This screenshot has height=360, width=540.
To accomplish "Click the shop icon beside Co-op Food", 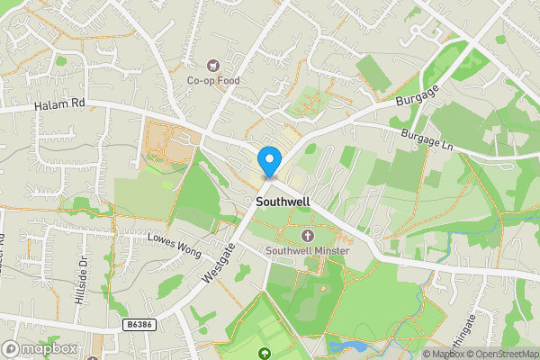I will [212, 64].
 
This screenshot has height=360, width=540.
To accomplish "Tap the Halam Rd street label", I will [58, 104].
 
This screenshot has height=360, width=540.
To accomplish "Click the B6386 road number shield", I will [139, 321].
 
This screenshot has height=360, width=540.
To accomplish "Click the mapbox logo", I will [40, 348].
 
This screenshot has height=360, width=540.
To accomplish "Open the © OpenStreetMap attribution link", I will [501, 354].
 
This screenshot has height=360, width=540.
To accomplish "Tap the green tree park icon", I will [264, 352].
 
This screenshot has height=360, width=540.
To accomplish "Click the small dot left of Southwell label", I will [247, 201].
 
